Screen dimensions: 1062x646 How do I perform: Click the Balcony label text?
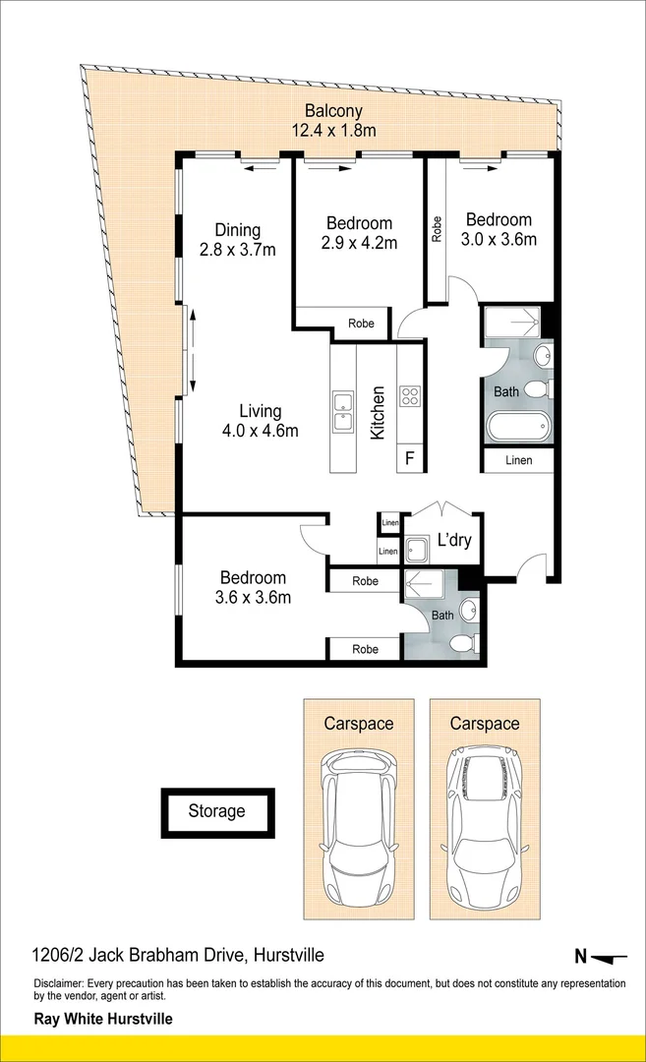coord(333,111)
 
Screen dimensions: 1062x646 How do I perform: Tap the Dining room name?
coord(237,230)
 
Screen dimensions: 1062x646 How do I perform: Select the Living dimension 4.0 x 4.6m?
coord(260,430)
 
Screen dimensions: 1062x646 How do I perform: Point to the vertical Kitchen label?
coord(377,411)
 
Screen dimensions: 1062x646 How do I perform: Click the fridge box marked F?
coord(409,457)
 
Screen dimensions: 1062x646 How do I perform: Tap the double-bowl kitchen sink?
coord(343,411)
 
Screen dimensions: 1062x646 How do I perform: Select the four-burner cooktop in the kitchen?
coord(409,397)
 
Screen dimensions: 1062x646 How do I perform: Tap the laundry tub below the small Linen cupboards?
coord(417,550)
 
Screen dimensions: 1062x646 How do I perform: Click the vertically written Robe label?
coord(436,229)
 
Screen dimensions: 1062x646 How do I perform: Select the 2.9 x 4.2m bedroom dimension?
coord(360,243)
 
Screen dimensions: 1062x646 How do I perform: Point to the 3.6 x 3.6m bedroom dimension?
coord(253,597)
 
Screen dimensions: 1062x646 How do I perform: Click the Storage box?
coord(217,811)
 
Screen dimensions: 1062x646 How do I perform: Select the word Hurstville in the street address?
coord(289,955)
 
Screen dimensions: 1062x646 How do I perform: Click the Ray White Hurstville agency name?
coord(103,1019)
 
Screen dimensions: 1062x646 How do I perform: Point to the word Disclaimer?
coord(59,983)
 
